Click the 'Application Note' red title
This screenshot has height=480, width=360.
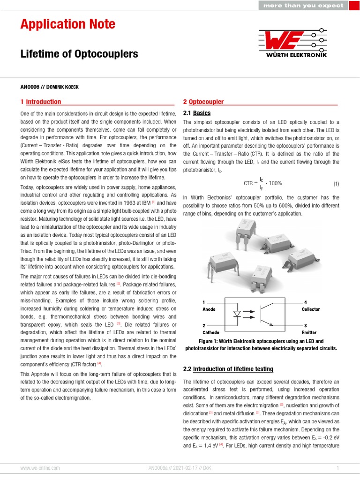tap(67, 24)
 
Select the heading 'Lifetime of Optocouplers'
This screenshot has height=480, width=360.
tap(79, 54)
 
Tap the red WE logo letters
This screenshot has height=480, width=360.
tap(281, 40)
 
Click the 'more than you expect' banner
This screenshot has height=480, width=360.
tap(303, 6)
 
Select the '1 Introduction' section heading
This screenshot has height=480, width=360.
tap(41, 102)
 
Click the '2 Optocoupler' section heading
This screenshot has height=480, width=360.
tap(203, 102)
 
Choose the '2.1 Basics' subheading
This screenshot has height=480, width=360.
tap(196, 113)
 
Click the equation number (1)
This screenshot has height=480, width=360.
tap(336, 183)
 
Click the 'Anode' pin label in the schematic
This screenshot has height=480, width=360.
tap(209, 309)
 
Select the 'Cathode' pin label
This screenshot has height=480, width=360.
tap(210, 332)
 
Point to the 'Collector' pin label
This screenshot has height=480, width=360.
tap(311, 309)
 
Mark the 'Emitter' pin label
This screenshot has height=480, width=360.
tap(309, 332)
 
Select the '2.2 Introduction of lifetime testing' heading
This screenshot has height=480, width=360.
tap(228, 369)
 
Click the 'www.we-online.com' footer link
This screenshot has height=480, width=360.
tap(40, 468)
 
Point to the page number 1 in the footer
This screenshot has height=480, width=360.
tap(337, 468)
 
